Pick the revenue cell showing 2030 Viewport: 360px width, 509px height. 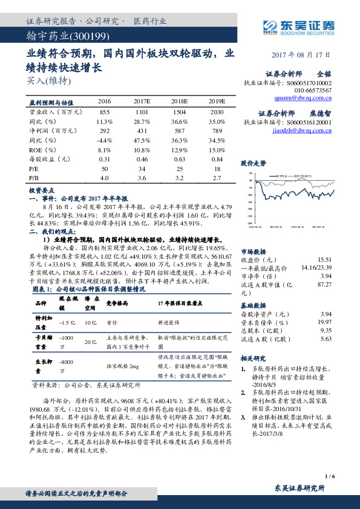(x=216, y=112)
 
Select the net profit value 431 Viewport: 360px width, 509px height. (x=142, y=131)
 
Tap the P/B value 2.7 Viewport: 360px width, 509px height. (x=216, y=179)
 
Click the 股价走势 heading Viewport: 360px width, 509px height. (x=254, y=163)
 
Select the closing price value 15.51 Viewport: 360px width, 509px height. (x=324, y=259)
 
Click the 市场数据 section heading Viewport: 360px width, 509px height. (x=253, y=251)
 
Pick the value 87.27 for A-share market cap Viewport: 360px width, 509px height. (x=324, y=284)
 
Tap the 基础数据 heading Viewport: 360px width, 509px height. (x=253, y=305)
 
